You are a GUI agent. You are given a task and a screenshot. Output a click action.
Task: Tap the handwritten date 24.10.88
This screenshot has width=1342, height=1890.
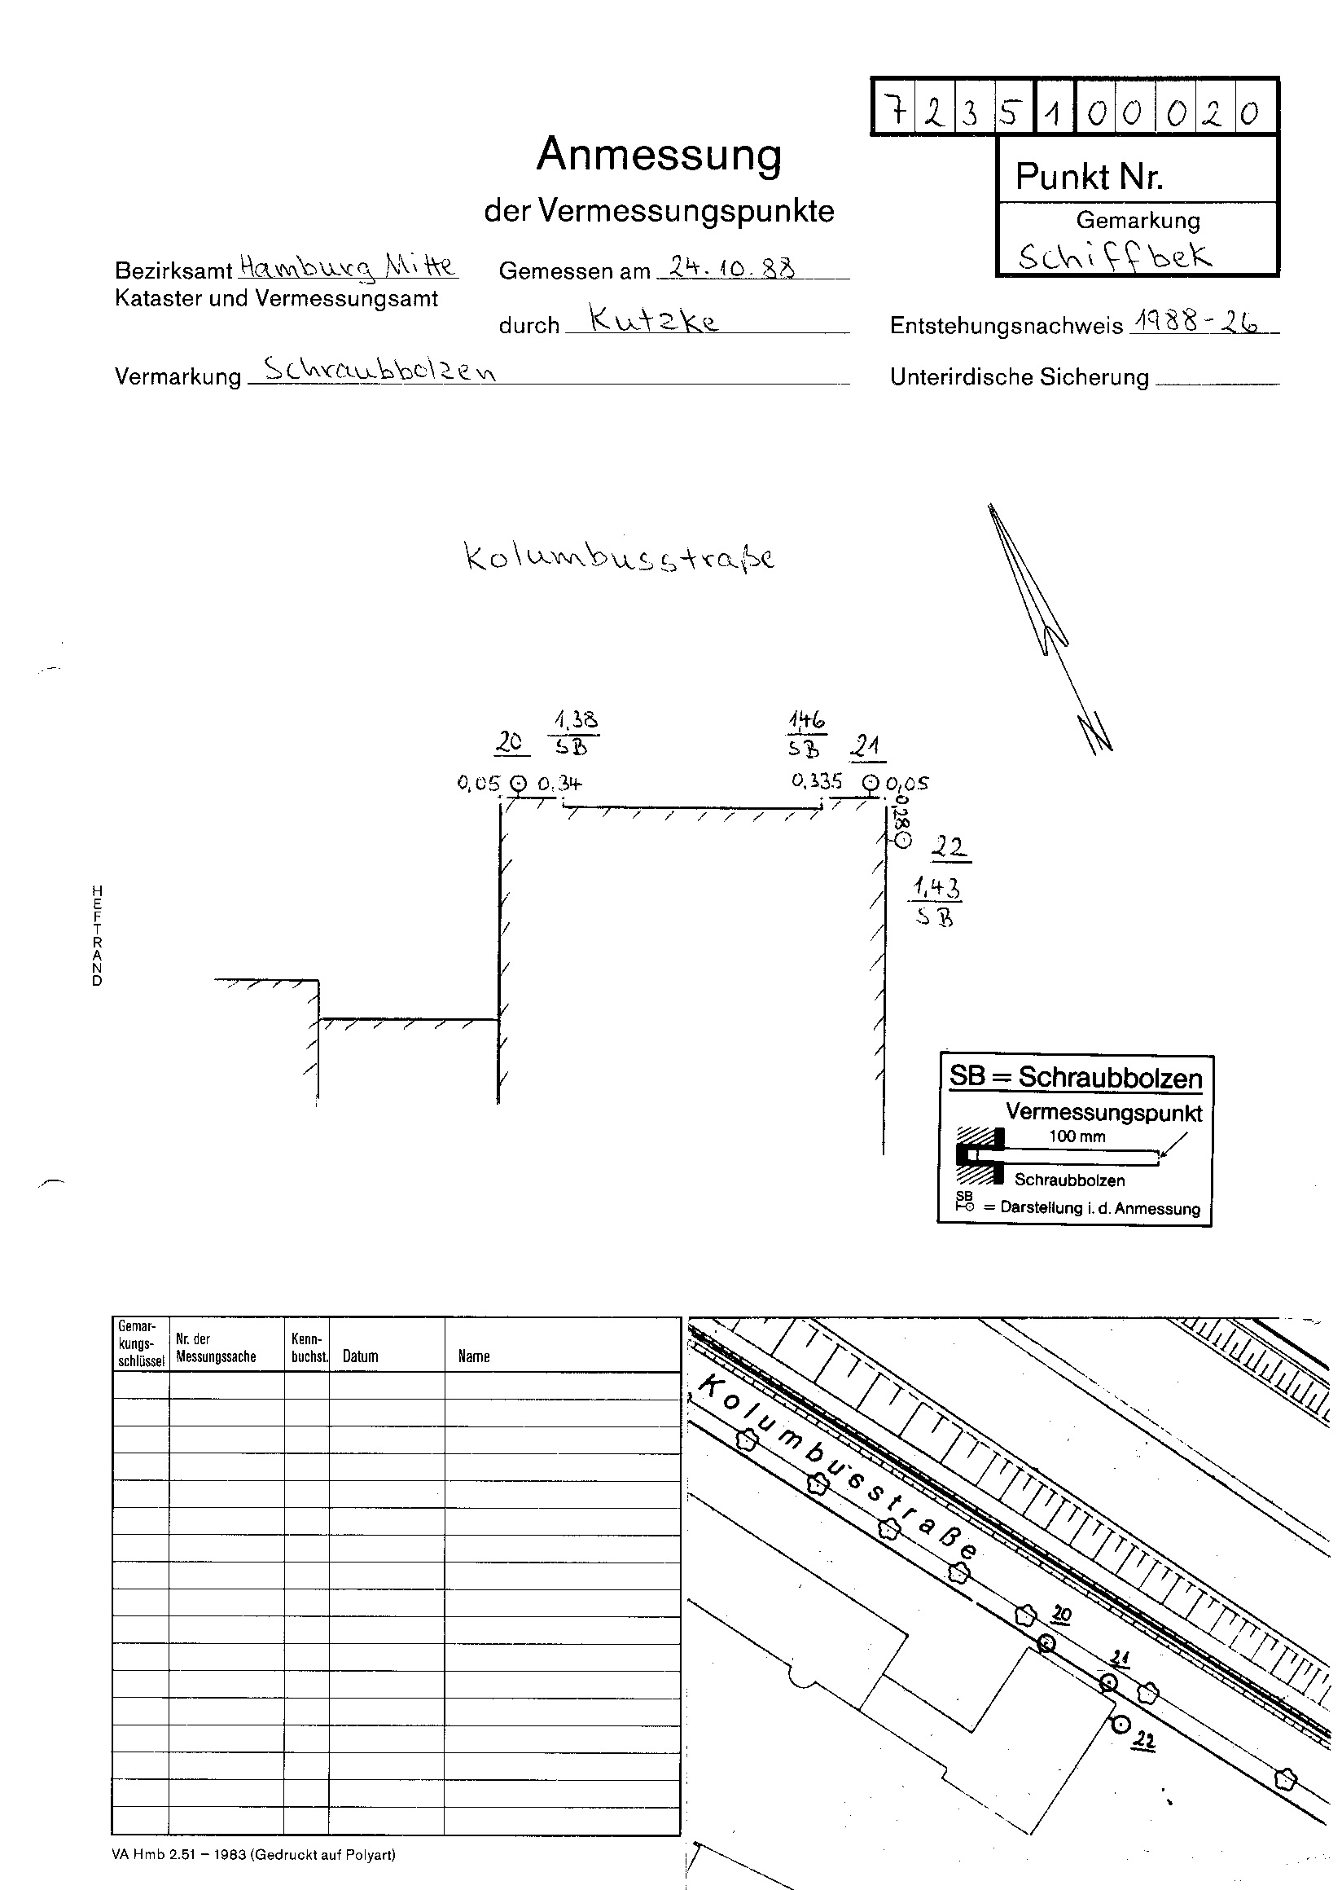point(732,267)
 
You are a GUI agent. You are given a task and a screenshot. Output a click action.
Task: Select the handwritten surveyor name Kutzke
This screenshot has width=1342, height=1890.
point(654,318)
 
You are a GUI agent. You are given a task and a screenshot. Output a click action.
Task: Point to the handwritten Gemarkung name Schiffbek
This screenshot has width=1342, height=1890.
point(1116,257)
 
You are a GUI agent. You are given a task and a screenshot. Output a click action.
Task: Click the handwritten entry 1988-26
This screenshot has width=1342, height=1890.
point(1196,322)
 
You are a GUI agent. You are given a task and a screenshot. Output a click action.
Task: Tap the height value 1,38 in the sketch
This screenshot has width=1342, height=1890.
point(576,719)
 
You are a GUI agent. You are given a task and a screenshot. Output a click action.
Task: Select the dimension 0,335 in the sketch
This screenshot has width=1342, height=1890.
point(817,780)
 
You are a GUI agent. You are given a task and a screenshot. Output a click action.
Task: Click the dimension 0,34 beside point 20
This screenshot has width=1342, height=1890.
point(559,782)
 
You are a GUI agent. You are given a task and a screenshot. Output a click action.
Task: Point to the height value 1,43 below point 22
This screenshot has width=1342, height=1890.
point(937,889)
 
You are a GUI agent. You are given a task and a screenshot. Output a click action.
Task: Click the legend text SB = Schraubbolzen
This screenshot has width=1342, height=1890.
point(1075,1076)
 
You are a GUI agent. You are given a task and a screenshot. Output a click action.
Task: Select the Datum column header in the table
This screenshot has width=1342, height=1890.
point(360,1356)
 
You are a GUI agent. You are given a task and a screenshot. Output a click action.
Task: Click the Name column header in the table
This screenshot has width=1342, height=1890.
point(474,1356)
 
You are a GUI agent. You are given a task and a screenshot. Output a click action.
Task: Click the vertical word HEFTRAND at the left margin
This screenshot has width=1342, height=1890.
point(97,936)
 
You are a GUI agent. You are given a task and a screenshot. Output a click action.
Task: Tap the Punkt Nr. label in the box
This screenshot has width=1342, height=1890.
point(1089,176)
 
